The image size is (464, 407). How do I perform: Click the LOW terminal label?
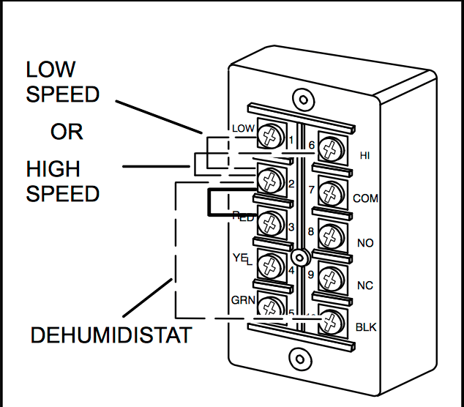click(243, 129)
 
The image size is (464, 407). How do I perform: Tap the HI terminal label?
click(365, 155)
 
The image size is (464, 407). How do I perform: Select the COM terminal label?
click(365, 198)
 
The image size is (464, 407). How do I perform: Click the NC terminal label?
click(364, 284)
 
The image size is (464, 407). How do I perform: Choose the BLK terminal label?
click(365, 327)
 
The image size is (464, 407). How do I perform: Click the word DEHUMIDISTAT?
click(111, 336)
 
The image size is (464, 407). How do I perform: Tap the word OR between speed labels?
click(67, 132)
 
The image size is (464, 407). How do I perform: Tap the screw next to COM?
click(333, 193)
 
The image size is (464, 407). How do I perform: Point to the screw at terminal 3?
click(271, 223)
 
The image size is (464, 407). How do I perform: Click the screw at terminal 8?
click(333, 236)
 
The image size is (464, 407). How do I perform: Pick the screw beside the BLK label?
click(333, 321)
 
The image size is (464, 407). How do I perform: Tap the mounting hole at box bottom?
click(299, 359)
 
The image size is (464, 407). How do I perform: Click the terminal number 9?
click(311, 275)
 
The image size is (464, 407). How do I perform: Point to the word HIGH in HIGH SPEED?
click(53, 169)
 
